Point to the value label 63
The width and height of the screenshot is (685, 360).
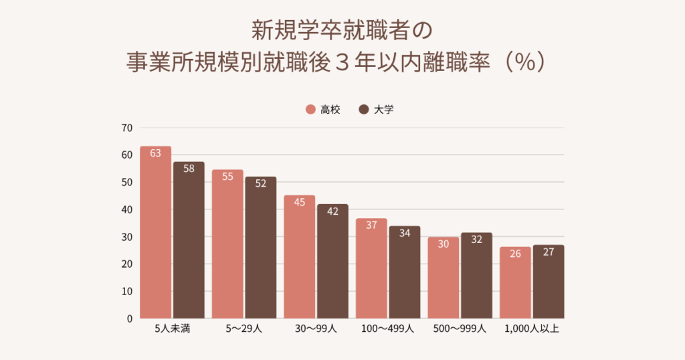click(x=155, y=153)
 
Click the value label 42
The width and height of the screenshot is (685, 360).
click(x=332, y=211)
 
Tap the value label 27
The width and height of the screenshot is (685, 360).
click(x=549, y=252)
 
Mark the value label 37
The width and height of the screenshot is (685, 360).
click(x=371, y=225)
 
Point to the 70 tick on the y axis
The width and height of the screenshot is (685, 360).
click(x=127, y=128)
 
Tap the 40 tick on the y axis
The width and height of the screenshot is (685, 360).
click(x=127, y=209)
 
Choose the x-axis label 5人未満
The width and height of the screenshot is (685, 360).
click(x=173, y=329)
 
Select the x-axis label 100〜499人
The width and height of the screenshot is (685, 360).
click(x=388, y=329)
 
